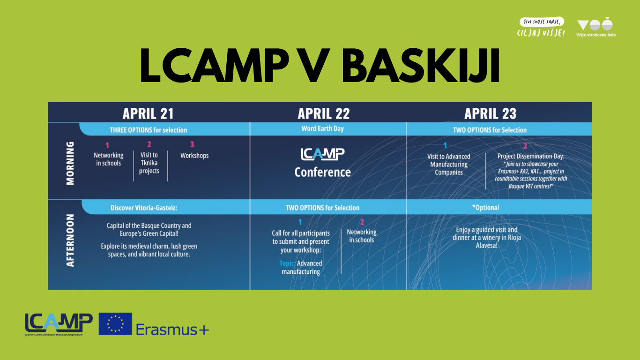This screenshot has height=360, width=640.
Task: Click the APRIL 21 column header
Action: tap(148, 113)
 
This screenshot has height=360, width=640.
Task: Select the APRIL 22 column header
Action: tap(323, 113)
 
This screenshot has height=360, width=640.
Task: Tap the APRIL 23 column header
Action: tap(490, 113)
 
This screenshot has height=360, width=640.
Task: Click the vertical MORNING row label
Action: tap(70, 163)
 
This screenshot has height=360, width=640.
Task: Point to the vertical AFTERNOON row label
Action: tap(70, 240)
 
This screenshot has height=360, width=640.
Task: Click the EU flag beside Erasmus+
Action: tap(115, 324)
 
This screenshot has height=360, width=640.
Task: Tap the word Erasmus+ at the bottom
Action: tap(172, 330)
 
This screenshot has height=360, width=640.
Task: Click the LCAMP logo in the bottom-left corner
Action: tap(59, 324)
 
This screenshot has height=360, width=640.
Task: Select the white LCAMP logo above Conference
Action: tap(322, 154)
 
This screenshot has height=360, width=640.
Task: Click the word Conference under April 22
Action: tap(322, 172)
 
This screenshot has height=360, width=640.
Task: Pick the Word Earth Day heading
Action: tap(322, 129)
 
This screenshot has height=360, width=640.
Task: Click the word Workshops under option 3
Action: tap(194, 156)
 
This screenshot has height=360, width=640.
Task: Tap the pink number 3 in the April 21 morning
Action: tap(192, 144)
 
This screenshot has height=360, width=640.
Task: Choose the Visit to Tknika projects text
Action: tap(149, 163)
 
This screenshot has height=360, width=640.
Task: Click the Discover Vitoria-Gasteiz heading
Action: tap(144, 208)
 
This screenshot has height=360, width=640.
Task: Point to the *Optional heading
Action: tap(486, 207)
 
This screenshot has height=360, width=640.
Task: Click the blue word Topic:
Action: tap(287, 263)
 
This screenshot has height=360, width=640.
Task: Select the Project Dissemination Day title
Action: tap(531, 156)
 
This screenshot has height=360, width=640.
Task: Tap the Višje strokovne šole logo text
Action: tap(595, 35)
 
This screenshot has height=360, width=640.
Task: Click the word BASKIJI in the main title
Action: tap(421, 66)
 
